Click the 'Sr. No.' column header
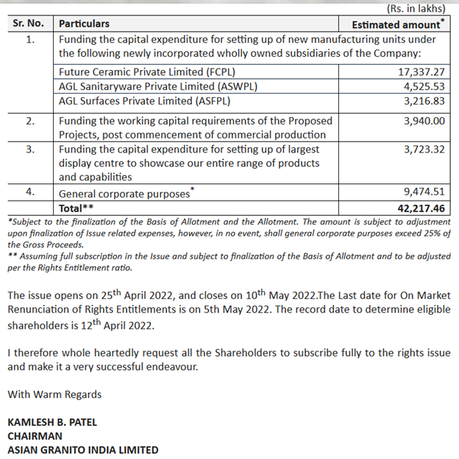pyautogui.click(x=29, y=24)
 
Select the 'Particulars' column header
pyautogui.click(x=84, y=24)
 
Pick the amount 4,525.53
pyautogui.click(x=423, y=86)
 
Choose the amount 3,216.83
pyautogui.click(x=423, y=100)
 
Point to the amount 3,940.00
pyautogui.click(x=423, y=120)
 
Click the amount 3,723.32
pyautogui.click(x=423, y=149)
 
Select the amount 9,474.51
pyautogui.click(x=423, y=194)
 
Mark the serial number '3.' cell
pyautogui.click(x=29, y=149)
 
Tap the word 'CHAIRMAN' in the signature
pyautogui.click(x=35, y=436)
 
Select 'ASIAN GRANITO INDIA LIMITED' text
pyautogui.click(x=82, y=450)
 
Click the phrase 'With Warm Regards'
pyautogui.click(x=54, y=394)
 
